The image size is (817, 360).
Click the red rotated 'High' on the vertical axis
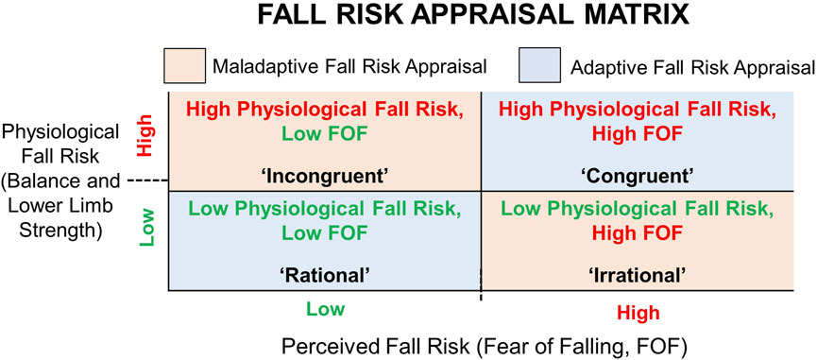[145, 143]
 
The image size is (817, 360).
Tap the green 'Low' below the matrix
[324, 308]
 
